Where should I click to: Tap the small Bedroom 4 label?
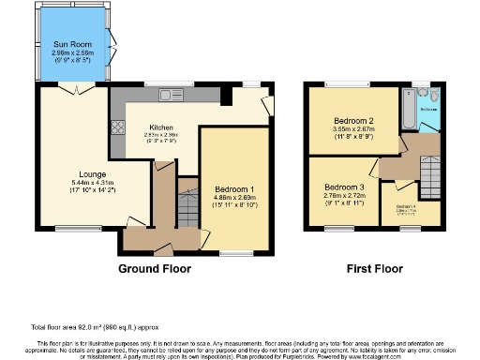click(407, 206)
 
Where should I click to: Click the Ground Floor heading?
click(155, 268)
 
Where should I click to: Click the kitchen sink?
click(169, 94)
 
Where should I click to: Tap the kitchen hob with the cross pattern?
click(118, 128)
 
